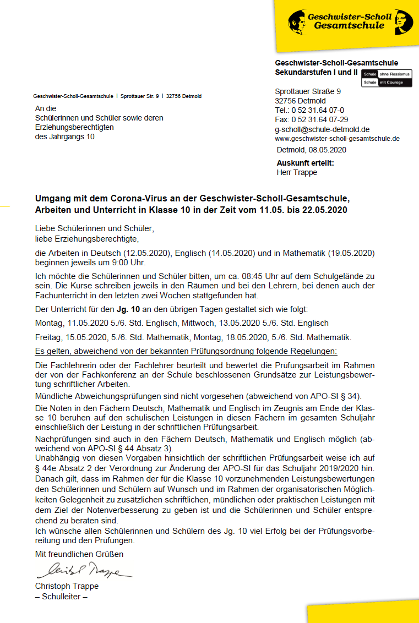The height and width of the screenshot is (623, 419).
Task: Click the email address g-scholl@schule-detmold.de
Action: (322, 129)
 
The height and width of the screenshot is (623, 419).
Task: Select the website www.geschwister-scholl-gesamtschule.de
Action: (337, 138)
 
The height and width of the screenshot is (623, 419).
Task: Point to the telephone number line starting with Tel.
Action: (309, 110)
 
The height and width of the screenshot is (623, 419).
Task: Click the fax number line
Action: (311, 119)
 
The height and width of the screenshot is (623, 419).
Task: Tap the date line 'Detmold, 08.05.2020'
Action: (311, 150)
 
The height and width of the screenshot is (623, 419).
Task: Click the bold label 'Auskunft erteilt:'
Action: (305, 163)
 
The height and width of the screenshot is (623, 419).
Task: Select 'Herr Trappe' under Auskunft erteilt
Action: (297, 172)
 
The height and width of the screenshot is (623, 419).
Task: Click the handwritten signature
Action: (83, 570)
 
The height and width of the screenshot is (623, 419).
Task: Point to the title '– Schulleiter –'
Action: (61, 596)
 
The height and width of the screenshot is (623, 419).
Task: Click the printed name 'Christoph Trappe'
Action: (67, 586)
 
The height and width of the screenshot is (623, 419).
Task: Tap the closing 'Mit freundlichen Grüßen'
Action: (79, 554)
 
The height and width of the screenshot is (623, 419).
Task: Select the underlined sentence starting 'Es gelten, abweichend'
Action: (186, 351)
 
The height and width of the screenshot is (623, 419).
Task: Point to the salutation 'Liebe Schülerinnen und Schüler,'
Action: (94, 228)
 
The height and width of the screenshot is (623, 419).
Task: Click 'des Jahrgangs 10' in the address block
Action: (64, 136)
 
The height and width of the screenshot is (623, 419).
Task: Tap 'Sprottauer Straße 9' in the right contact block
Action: (307, 91)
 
